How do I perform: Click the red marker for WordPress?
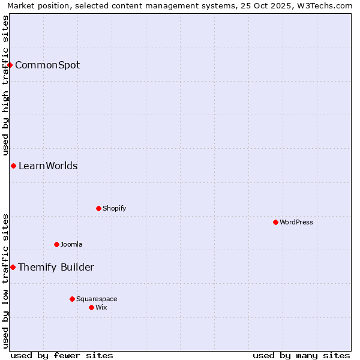point(275,222)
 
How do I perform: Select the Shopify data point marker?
point(98,208)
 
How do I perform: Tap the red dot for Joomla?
point(56,244)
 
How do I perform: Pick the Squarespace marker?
point(72,299)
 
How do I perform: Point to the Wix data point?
point(91,307)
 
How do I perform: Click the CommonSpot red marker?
point(10,65)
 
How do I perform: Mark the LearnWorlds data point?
point(13,166)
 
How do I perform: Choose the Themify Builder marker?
point(13,267)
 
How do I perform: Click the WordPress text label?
point(296,222)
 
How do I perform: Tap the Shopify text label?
point(114,208)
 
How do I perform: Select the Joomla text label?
point(71,244)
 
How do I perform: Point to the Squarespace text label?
point(97,299)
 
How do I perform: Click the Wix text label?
point(101,307)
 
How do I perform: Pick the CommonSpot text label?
point(47,65)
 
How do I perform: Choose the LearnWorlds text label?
point(48,166)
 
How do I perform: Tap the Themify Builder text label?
point(56,267)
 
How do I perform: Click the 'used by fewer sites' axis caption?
point(62,355)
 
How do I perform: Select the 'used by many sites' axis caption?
point(301,355)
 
